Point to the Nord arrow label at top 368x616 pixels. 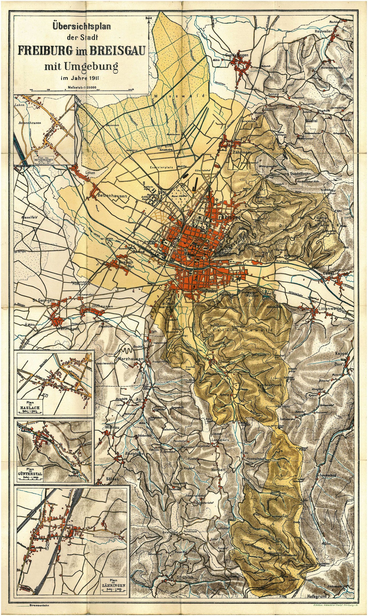[148, 18]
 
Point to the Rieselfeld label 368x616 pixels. [29, 217]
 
